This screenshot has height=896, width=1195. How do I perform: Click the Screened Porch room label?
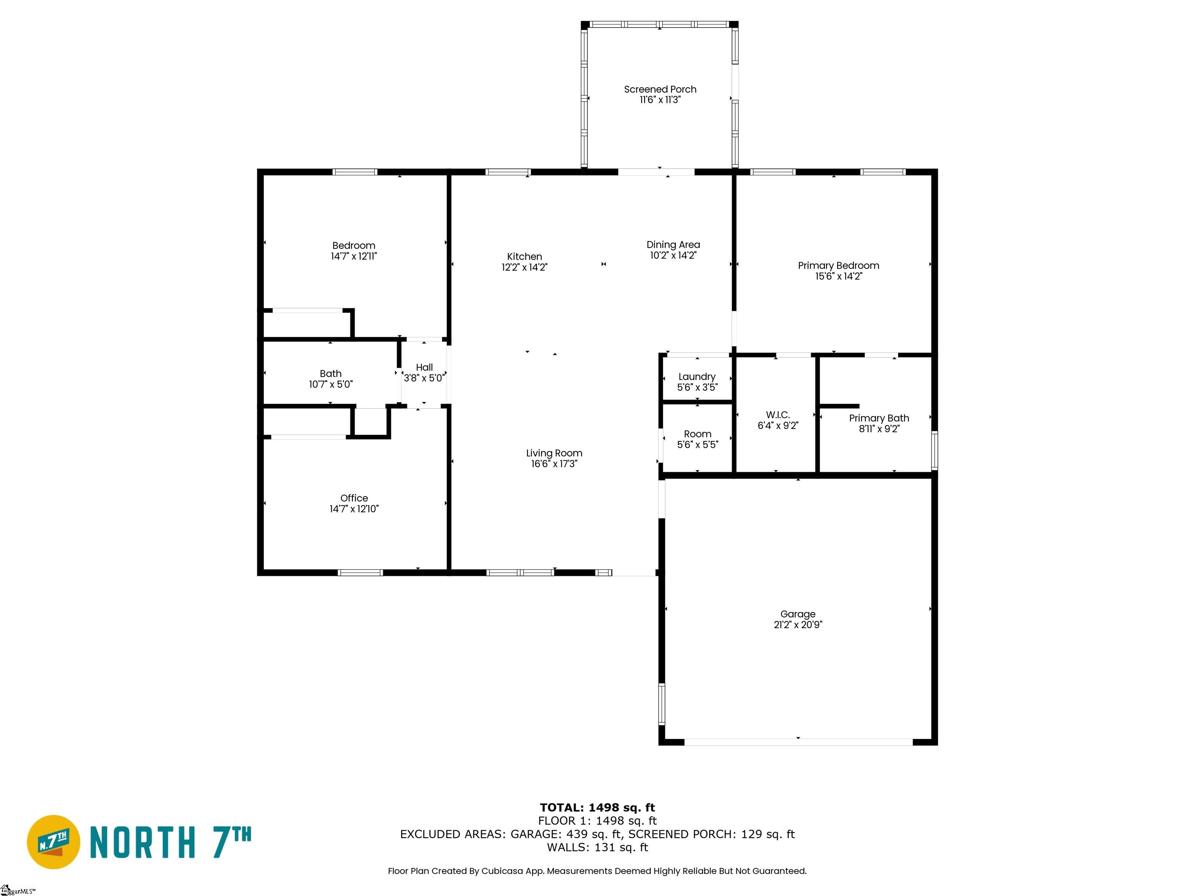[x=660, y=89]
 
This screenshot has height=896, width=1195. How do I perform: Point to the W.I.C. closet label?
[x=777, y=415]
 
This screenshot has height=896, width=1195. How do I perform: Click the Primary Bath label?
[x=878, y=418]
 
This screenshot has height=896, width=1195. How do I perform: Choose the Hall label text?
[x=424, y=367]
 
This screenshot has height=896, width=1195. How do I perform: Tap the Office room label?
[x=354, y=498]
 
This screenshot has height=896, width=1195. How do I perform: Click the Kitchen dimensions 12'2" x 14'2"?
[x=524, y=267]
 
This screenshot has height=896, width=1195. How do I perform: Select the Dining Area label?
[x=673, y=245]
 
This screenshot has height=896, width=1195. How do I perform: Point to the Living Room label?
[x=554, y=453]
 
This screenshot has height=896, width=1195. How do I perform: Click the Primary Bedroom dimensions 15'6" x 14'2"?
[x=838, y=276]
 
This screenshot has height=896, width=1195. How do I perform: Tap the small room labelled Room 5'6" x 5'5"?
[x=697, y=439]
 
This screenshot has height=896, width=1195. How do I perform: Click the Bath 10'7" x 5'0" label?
[x=331, y=379]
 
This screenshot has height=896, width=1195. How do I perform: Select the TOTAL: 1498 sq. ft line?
[x=597, y=807]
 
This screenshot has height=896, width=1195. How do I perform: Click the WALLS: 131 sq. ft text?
[x=597, y=847]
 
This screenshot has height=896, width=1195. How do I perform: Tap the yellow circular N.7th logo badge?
[x=53, y=842]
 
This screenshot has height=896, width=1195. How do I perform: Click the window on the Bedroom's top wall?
[x=354, y=172]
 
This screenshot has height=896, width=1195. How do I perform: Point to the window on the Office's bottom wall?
[x=360, y=572]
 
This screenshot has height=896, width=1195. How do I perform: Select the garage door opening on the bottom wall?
[x=798, y=742]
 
